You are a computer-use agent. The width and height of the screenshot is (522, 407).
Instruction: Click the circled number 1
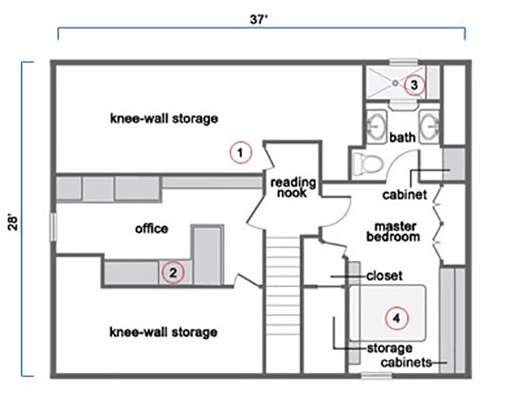pyautogui.click(x=240, y=152)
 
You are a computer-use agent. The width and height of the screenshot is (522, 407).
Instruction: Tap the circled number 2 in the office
pyautogui.click(x=173, y=272)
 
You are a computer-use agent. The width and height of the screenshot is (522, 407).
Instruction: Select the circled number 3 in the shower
pyautogui.click(x=414, y=85)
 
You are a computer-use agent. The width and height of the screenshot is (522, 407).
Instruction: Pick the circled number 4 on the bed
pyautogui.click(x=397, y=318)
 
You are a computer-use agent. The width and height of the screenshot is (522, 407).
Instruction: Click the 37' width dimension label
pyautogui.click(x=259, y=20)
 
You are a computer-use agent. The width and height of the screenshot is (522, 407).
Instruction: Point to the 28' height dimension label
pyautogui.click(x=13, y=224)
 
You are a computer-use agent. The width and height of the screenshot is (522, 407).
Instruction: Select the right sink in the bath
pyautogui.click(x=429, y=127)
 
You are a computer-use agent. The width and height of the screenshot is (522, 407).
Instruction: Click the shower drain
pyautogui.click(x=395, y=83)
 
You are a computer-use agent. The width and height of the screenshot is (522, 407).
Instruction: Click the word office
pyautogui.click(x=151, y=229)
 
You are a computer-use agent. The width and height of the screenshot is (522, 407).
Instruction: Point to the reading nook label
pyautogui.click(x=292, y=188)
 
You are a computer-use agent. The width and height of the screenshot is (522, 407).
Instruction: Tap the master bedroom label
pyautogui.click(x=393, y=232)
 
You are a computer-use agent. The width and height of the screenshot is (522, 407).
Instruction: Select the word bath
pyautogui.click(x=402, y=137)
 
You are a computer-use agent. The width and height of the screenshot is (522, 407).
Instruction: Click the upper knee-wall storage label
pyautogui.click(x=164, y=118)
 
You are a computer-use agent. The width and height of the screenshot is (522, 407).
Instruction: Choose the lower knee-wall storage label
pyautogui.click(x=164, y=332)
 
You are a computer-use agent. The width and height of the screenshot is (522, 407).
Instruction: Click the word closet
pyautogui.click(x=385, y=276)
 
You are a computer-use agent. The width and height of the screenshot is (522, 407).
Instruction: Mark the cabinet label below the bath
pyautogui.click(x=405, y=195)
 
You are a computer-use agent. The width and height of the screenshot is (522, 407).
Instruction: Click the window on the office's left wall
pyautogui.click(x=53, y=227)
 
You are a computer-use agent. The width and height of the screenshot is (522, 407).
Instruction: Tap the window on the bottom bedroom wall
pyautogui.click(x=377, y=376)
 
